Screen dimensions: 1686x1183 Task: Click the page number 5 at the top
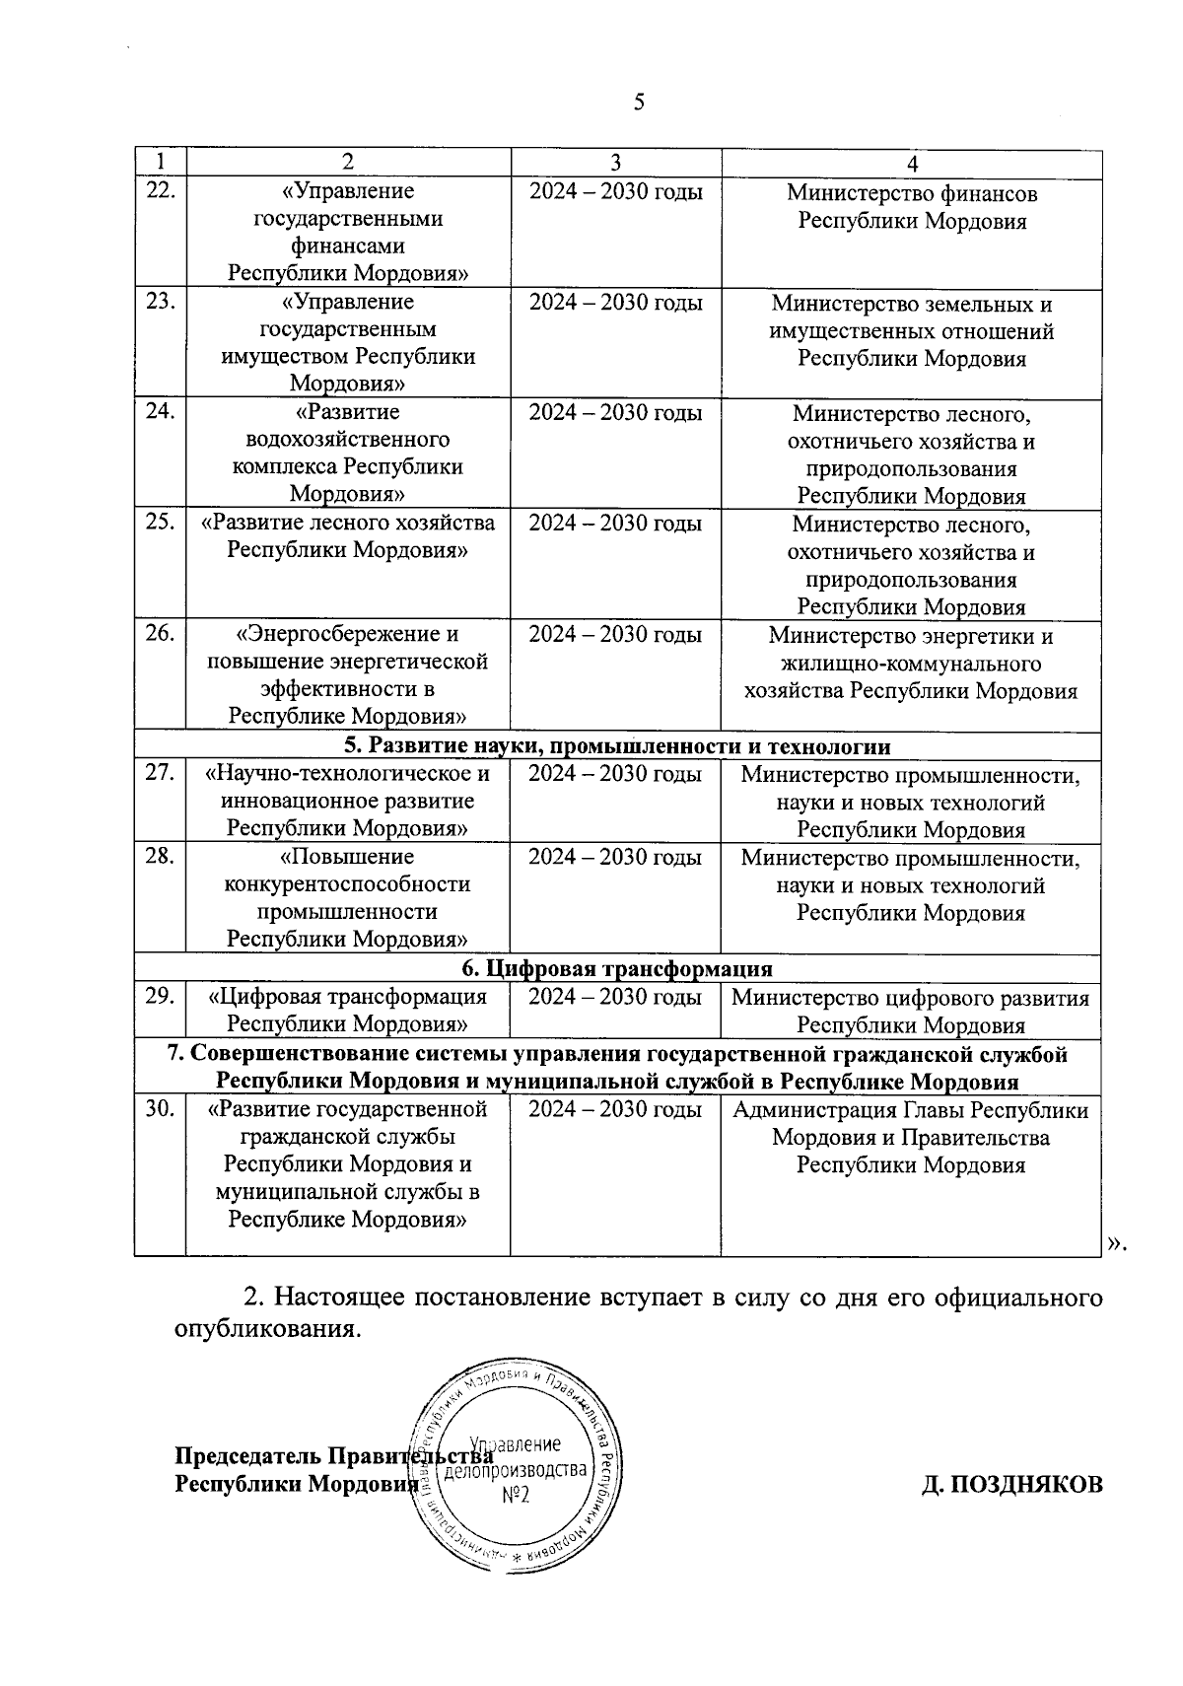(x=639, y=103)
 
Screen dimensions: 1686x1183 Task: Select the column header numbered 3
(x=615, y=163)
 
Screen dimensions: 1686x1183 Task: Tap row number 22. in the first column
(x=160, y=191)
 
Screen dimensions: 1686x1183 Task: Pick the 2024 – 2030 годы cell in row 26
(x=615, y=634)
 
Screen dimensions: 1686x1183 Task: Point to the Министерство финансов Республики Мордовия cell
(x=911, y=207)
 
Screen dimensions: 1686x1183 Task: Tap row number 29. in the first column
(x=160, y=996)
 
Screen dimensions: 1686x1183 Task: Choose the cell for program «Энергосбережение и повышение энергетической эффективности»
(x=347, y=675)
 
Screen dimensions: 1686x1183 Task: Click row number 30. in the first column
(x=160, y=1110)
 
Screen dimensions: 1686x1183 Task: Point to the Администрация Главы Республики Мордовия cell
(x=911, y=1138)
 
